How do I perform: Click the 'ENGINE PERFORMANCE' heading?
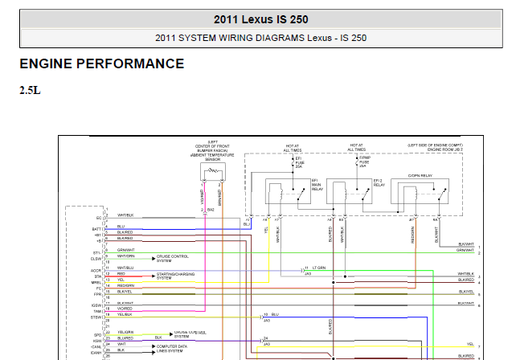click(101, 64)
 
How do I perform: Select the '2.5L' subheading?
click(30, 90)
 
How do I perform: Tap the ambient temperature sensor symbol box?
click(212, 171)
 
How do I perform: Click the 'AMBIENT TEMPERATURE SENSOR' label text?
click(211, 157)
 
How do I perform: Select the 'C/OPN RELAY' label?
click(420, 174)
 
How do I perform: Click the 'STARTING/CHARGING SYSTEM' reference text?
click(175, 276)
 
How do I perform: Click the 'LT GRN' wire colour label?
click(319, 267)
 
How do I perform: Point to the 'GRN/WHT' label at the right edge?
click(465, 250)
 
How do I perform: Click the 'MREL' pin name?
click(96, 282)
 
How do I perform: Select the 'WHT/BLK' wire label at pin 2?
click(125, 216)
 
